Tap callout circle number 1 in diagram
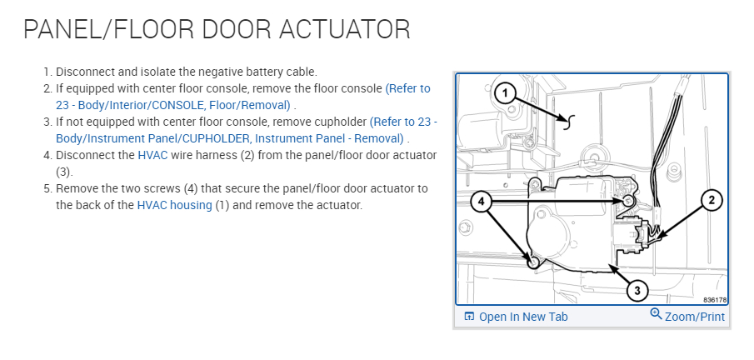(x=505, y=93)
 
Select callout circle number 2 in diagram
(x=710, y=199)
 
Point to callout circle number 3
(x=637, y=290)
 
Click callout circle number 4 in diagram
(x=482, y=201)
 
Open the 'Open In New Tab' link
(x=523, y=317)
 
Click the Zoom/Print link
(x=695, y=317)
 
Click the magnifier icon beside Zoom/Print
(x=656, y=315)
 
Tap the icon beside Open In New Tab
(x=470, y=317)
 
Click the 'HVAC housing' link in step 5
(x=174, y=205)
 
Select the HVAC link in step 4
(x=152, y=155)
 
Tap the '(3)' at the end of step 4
(x=64, y=172)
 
